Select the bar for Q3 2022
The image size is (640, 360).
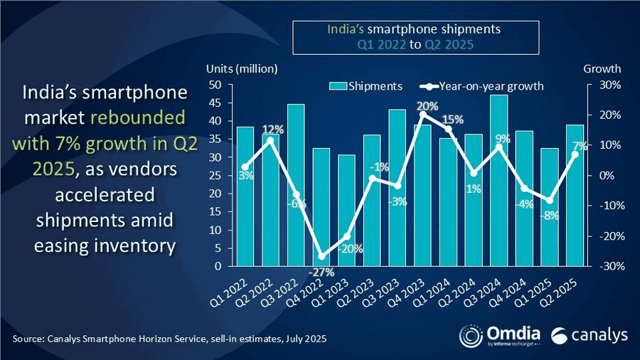tap(295, 185)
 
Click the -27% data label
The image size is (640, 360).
tap(321, 272)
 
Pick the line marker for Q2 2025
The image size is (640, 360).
tap(575, 154)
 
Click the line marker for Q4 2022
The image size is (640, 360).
tap(321, 256)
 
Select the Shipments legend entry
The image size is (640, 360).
tap(366, 86)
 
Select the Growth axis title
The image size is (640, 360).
tap(602, 69)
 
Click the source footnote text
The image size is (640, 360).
tap(170, 339)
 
